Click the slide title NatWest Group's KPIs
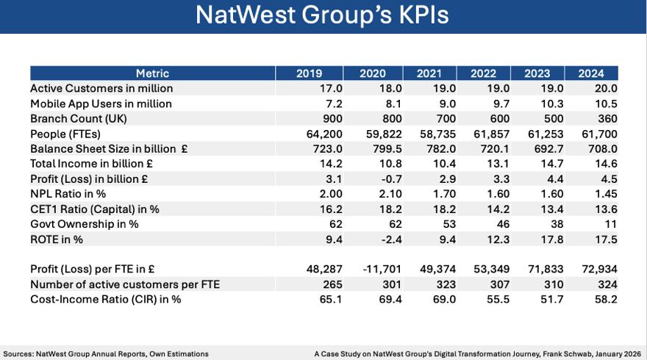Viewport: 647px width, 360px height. coord(323,16)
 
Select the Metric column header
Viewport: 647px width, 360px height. coord(152,73)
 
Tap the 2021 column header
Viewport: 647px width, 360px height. coord(429,73)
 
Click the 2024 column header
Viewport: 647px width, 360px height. coord(591,73)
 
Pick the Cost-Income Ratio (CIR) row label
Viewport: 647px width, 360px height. coord(105,299)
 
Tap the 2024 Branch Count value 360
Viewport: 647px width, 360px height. coord(607,119)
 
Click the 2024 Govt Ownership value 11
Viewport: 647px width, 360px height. coord(610,223)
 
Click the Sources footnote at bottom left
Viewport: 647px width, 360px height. coord(106,353)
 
